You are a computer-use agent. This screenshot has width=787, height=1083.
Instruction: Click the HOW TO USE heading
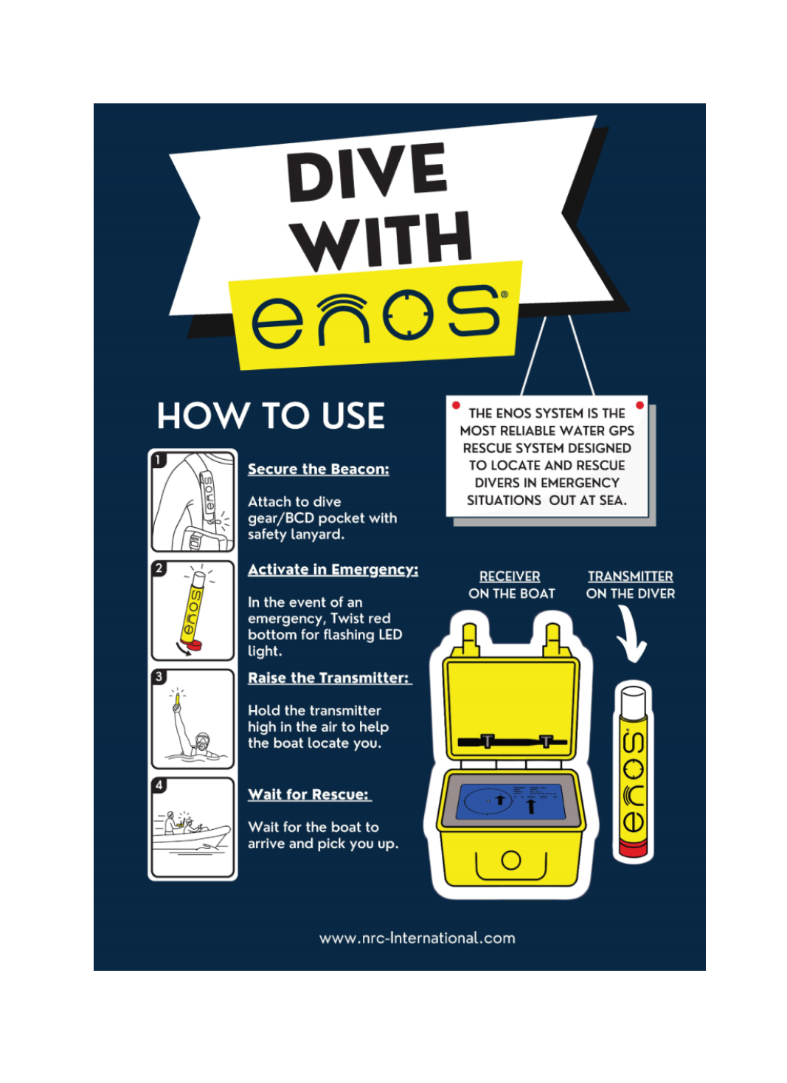[271, 416]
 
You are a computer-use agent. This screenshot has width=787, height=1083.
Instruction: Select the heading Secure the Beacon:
[319, 470]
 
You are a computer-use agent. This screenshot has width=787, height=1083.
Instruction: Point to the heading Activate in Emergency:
[333, 570]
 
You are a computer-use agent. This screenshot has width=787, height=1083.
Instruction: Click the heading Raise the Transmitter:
[330, 678]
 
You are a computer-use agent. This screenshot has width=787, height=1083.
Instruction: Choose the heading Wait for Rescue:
[309, 794]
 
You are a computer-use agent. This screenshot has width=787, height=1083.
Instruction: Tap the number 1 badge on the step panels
[159, 460]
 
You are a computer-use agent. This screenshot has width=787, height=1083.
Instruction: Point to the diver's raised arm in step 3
[180, 721]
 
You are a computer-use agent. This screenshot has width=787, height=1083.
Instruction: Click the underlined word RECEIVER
[510, 577]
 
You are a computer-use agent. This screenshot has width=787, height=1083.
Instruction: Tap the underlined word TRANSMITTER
[630, 577]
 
